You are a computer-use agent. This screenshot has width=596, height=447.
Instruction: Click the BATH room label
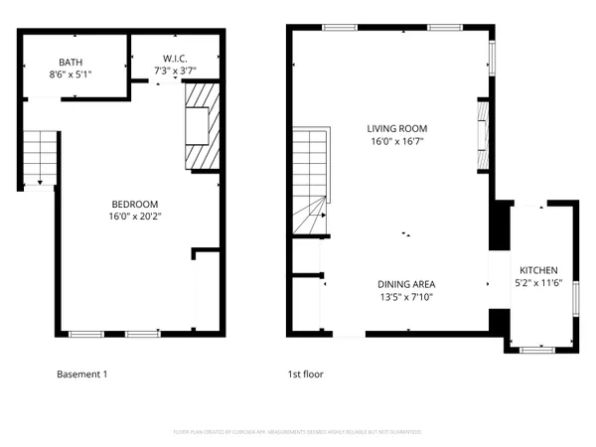click(x=71, y=61)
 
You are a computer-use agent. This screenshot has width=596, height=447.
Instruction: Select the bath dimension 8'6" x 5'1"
click(x=71, y=74)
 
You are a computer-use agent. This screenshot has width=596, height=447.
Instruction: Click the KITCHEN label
click(x=538, y=270)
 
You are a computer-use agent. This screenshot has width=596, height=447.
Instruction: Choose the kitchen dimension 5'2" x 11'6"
click(x=538, y=283)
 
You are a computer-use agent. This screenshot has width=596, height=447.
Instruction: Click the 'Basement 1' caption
click(x=82, y=374)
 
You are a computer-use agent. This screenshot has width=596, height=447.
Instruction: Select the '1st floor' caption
click(x=305, y=374)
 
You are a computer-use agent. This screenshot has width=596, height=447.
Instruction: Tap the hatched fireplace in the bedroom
click(x=201, y=126)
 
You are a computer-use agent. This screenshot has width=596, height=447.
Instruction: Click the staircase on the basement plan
click(x=40, y=157)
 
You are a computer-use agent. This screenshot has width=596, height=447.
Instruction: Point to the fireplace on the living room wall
click(x=483, y=134)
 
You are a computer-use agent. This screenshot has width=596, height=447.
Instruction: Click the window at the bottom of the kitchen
click(x=537, y=350)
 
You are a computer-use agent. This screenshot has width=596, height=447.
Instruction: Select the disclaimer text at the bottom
click(x=297, y=432)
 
